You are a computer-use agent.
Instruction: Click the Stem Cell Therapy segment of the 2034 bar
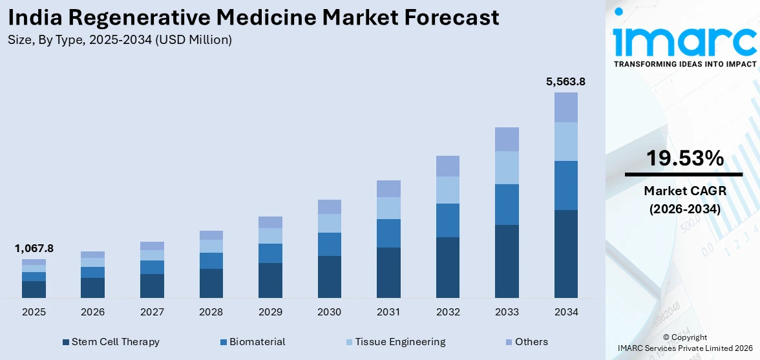565,253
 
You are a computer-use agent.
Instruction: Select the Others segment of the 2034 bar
565,107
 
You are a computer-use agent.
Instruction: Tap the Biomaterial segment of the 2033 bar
507,204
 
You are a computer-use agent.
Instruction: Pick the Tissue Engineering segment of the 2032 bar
447,190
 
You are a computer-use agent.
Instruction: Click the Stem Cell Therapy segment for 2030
329,277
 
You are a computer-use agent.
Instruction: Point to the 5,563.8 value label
565,82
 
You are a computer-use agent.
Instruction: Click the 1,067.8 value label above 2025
34,248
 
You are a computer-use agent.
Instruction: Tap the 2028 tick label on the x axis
211,312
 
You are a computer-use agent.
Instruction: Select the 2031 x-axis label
388,312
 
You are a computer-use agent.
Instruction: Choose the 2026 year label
92,312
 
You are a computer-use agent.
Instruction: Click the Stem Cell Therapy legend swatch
66,342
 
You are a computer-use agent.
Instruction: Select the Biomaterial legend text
257,342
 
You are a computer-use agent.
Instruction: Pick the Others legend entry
531,342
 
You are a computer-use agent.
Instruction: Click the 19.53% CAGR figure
685,158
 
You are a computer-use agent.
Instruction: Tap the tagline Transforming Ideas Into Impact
685,64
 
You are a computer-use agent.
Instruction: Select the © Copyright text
685,337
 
